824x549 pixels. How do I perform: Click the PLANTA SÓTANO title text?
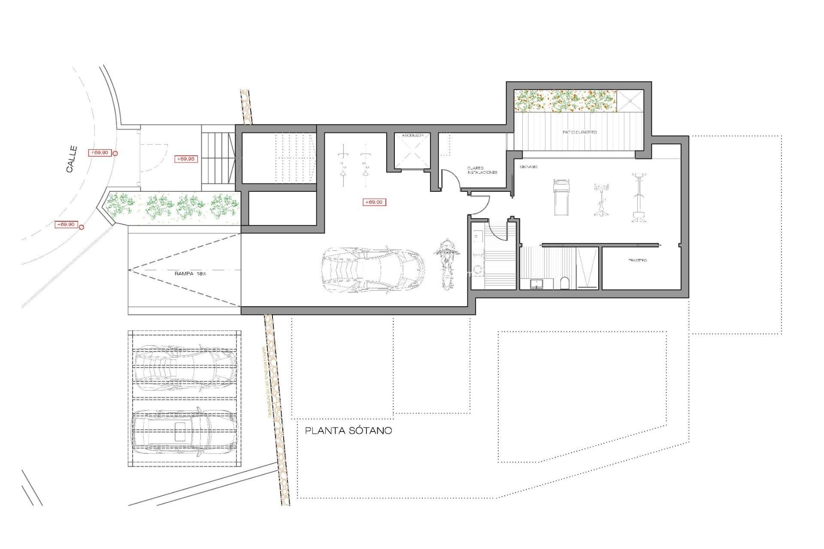(x=348, y=431)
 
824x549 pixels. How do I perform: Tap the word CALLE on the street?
(x=72, y=159)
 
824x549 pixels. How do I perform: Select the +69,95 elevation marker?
(x=185, y=159)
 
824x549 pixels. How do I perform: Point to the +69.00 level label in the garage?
(x=374, y=202)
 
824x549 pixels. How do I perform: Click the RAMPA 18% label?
(x=190, y=274)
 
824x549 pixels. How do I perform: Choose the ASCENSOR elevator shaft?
(x=412, y=151)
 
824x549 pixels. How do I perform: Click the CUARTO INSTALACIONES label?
(x=482, y=170)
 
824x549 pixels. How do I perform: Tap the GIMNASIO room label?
(x=528, y=167)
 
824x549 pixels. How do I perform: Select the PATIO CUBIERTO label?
(x=579, y=132)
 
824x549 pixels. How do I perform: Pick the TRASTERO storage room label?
(x=637, y=260)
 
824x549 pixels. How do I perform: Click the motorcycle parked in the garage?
(x=446, y=264)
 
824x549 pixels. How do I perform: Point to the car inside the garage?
(x=373, y=270)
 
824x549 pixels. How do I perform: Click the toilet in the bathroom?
(x=565, y=283)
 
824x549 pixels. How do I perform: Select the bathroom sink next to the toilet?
(x=536, y=284)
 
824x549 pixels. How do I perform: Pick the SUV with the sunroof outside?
(x=184, y=431)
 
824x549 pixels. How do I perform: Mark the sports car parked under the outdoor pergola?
(x=185, y=368)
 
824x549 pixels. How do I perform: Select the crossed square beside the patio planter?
(x=630, y=101)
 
